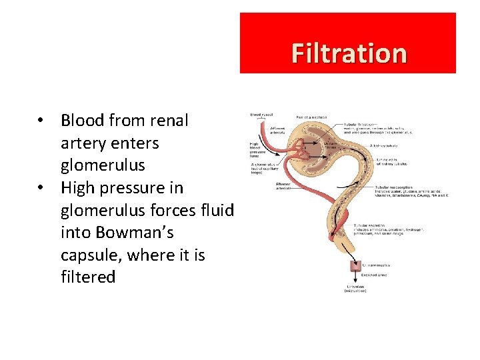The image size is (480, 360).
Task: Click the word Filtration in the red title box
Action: (x=349, y=53)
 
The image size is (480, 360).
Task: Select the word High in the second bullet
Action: (x=78, y=188)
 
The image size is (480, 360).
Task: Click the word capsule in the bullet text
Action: (x=90, y=255)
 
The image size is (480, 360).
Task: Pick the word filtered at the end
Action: (x=88, y=277)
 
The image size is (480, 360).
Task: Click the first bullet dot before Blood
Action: (x=41, y=121)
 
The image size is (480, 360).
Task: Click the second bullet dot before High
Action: (x=41, y=189)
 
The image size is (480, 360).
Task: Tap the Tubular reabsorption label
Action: (x=393, y=187)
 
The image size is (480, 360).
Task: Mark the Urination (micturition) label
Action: (x=355, y=287)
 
